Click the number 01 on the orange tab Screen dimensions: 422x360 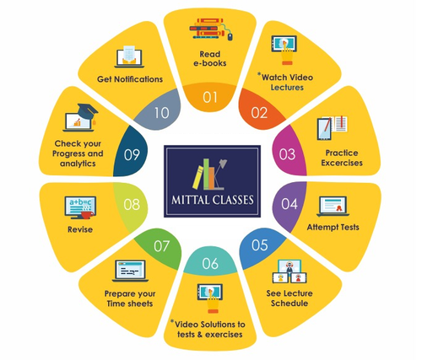pos(210,97)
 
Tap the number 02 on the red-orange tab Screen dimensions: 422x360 pos(259,113)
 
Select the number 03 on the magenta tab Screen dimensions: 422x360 pos(287,154)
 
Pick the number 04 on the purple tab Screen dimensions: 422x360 pos(289,204)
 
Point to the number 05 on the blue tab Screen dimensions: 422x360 pos(259,245)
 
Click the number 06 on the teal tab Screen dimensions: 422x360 pos(210,263)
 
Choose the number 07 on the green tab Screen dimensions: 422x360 pos(161,246)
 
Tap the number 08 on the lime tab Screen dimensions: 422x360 pos(132,205)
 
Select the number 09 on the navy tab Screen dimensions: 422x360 pos(132,155)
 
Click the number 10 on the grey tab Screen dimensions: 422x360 pos(161,113)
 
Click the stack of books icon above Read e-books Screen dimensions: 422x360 pos(211,29)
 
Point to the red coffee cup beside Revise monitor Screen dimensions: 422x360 pos(88,215)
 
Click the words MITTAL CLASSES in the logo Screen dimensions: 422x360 pos(213,200)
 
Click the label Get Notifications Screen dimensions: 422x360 pos(130,79)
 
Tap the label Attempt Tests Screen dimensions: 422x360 pos(333,227)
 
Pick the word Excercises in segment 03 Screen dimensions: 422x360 pos(342,163)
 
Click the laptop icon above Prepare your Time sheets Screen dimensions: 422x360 pos(130,271)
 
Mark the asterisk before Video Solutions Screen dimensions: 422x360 pos(172,321)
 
